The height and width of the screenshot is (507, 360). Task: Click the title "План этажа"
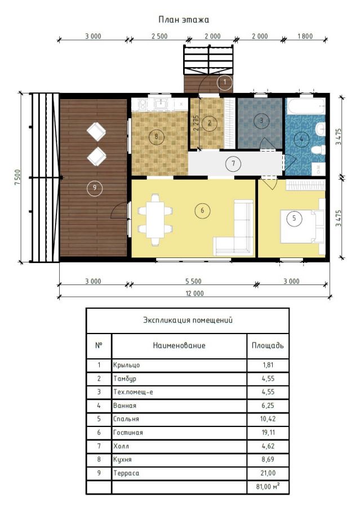pos(184,20)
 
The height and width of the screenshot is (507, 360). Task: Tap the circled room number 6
pos(202,211)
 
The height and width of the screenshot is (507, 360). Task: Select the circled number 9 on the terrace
pos(95,188)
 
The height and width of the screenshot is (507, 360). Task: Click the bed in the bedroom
pos(302,226)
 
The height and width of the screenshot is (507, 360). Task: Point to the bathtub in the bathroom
pos(306,106)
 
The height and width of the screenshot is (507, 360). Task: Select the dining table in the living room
pos(155,220)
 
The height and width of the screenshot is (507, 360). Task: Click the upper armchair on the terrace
pos(96,132)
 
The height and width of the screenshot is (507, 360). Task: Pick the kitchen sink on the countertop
pos(161,104)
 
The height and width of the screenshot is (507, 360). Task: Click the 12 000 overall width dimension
pos(194,293)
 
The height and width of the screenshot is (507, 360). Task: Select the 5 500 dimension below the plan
pos(193,281)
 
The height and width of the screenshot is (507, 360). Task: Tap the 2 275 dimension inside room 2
pos(195,123)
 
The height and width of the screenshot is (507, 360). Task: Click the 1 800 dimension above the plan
pos(305,36)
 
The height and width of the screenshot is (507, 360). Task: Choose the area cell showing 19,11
pos(268,432)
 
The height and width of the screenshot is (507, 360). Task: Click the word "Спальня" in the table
pos(126,419)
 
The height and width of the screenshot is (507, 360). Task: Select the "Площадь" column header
pos(268,345)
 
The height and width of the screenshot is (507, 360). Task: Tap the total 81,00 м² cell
pos(268,486)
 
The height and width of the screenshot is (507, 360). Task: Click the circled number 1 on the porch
pos(225,82)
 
